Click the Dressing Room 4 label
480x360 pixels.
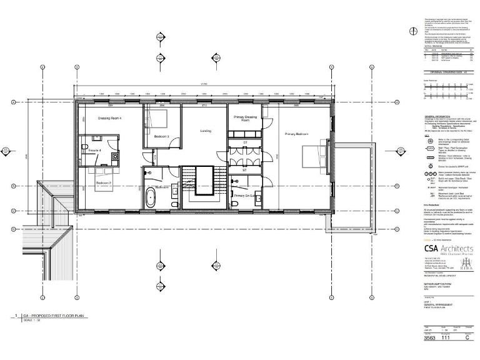tap(109, 118)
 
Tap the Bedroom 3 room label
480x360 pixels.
tap(162, 136)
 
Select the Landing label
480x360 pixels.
tap(204, 131)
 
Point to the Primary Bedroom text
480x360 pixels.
tap(297, 134)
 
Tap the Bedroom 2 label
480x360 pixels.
tap(104, 182)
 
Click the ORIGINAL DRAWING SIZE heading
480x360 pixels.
tap(444, 73)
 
